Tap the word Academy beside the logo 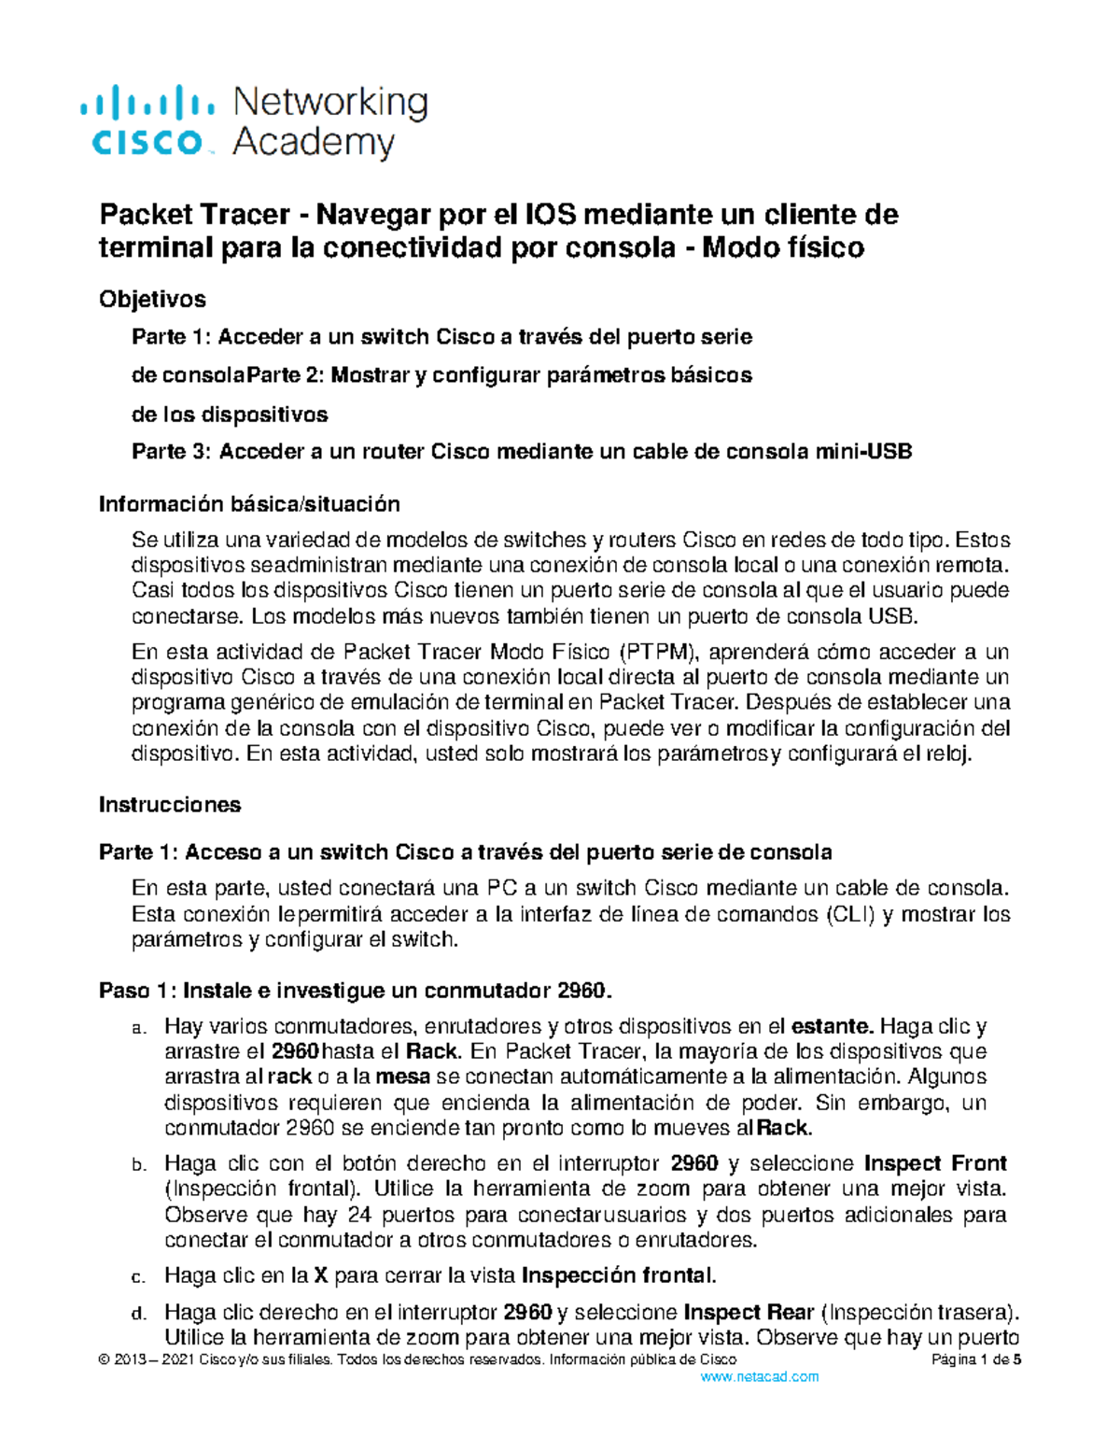[x=314, y=144]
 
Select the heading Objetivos [x=152, y=299]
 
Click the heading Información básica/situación [x=249, y=504]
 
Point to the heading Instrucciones [x=170, y=805]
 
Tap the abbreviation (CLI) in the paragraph [x=850, y=915]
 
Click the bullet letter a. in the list [x=138, y=1030]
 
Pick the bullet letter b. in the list [x=138, y=1165]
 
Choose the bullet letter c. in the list [x=138, y=1277]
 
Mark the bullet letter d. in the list [x=138, y=1315]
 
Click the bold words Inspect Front [x=935, y=1163]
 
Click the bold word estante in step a [x=832, y=1027]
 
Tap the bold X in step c [x=320, y=1275]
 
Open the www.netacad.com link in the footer [x=759, y=1377]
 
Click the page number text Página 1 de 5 [x=976, y=1360]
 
